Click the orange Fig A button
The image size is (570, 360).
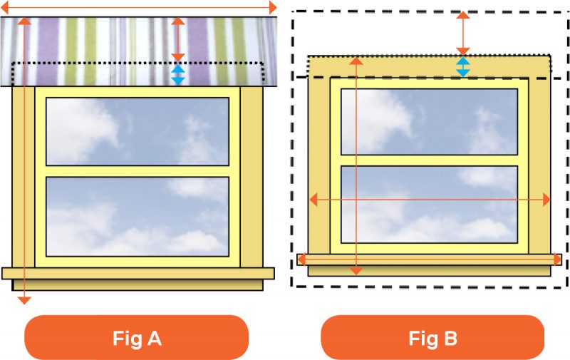click(x=137, y=338)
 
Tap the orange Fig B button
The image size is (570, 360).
click(x=432, y=338)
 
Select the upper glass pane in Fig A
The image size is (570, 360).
click(x=137, y=130)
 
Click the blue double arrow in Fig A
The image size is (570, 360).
click(x=179, y=75)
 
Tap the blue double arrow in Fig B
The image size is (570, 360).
click(x=463, y=67)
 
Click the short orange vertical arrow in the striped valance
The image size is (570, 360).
click(x=179, y=40)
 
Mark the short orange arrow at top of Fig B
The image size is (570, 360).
click(x=463, y=33)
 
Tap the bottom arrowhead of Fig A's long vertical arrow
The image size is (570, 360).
click(x=24, y=299)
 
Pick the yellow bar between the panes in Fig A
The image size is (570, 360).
click(x=137, y=171)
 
